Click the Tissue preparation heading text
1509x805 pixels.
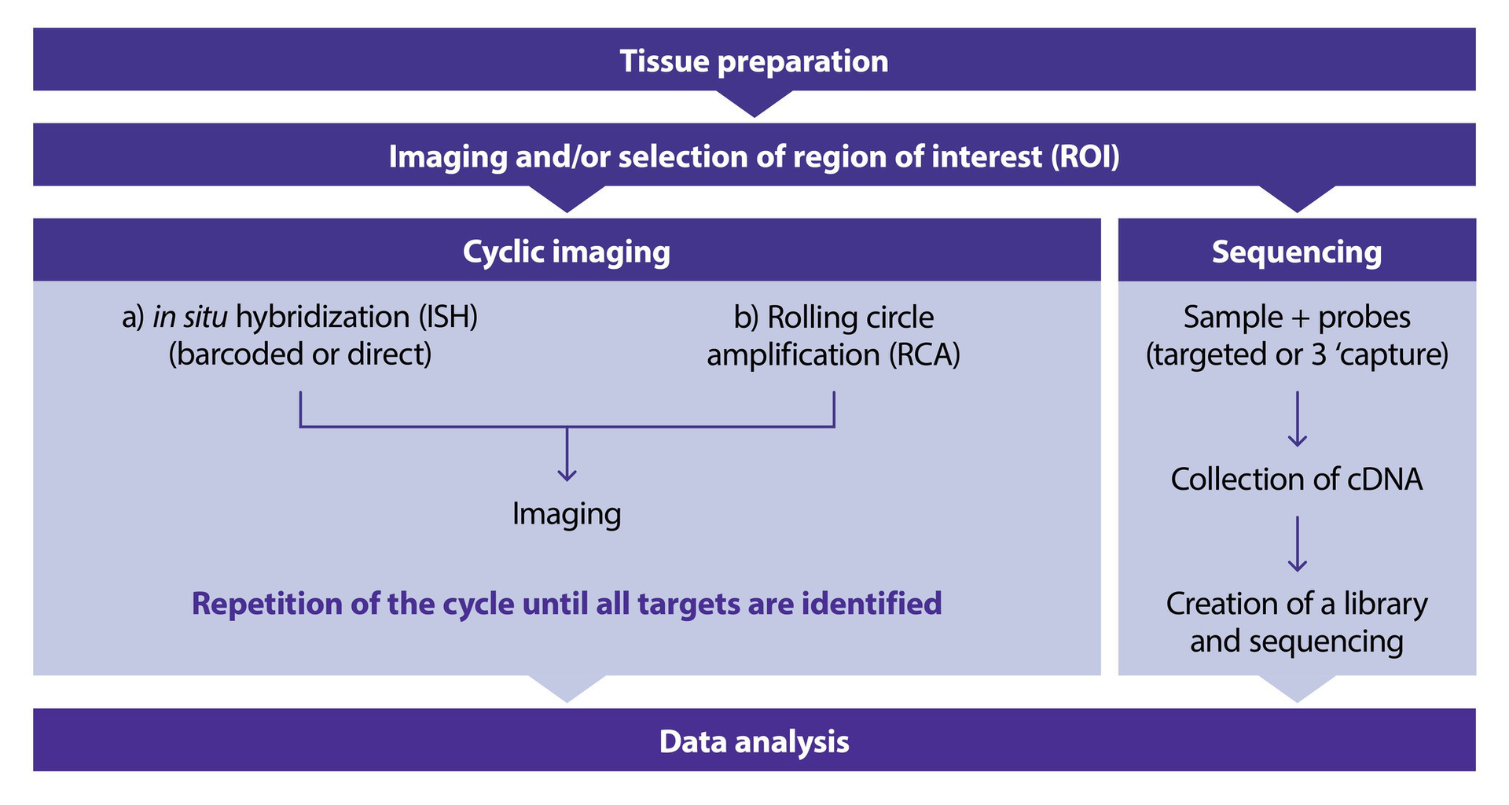click(x=754, y=61)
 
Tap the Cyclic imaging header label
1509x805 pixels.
click(x=566, y=252)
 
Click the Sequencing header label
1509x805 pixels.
click(x=1296, y=252)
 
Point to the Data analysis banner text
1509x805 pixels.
click(x=754, y=741)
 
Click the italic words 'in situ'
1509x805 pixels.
click(x=189, y=317)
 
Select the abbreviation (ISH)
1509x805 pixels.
click(x=447, y=317)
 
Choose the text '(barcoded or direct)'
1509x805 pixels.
click(x=299, y=355)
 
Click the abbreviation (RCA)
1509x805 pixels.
click(x=924, y=355)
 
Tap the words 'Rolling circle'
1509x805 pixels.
click(x=850, y=318)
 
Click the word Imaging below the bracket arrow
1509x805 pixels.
click(x=566, y=514)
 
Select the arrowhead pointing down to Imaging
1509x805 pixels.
click(x=567, y=474)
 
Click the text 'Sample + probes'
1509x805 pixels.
click(x=1296, y=317)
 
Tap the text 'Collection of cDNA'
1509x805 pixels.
click(x=1296, y=480)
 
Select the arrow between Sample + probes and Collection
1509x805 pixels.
click(x=1297, y=421)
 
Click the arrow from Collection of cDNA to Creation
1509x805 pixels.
click(x=1297, y=544)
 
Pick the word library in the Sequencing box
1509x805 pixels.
click(x=1385, y=604)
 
